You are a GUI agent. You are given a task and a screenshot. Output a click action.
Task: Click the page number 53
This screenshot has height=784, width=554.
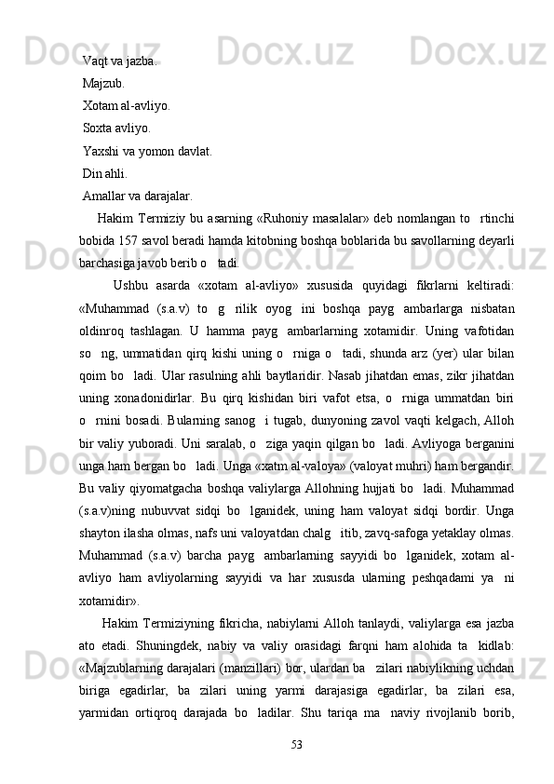[x=297, y=743]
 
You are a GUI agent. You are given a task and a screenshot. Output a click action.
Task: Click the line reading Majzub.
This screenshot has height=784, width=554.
[x=102, y=84]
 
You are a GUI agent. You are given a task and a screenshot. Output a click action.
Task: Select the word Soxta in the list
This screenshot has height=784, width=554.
[x=99, y=128]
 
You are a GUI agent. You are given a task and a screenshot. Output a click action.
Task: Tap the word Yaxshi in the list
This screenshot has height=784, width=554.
[x=101, y=150]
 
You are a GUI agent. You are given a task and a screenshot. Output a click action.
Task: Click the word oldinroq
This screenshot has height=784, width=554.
[x=106, y=331]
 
